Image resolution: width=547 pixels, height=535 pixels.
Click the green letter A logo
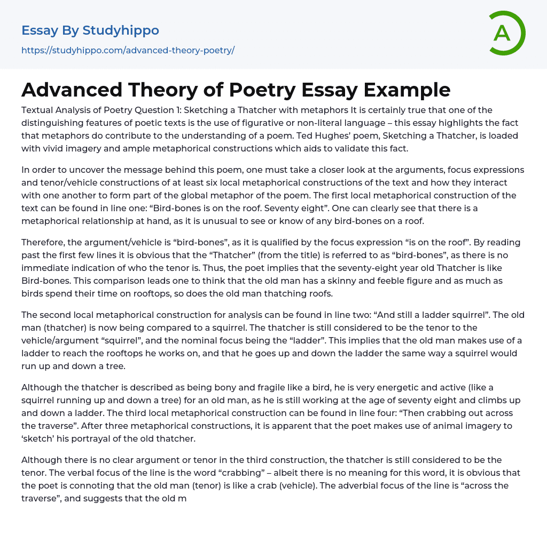click(x=506, y=33)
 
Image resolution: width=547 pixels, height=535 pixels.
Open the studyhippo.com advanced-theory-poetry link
click(x=128, y=50)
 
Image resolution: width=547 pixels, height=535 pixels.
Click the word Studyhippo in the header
click(x=121, y=30)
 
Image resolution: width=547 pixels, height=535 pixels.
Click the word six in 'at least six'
click(x=224, y=183)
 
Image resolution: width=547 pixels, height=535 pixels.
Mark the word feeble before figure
click(x=356, y=281)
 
